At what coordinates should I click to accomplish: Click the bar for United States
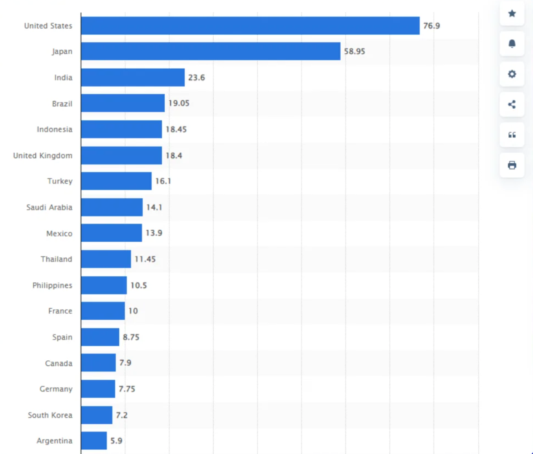coord(250,26)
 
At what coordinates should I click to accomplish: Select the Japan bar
coord(211,51)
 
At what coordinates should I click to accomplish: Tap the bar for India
coord(133,78)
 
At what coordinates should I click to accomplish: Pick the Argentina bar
coord(94,441)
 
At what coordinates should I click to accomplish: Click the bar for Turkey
coord(116,181)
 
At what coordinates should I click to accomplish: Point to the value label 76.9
coord(432,26)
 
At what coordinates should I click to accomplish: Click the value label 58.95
coord(354,51)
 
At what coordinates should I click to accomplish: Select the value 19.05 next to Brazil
coord(179,103)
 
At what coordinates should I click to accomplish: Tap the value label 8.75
coord(131,337)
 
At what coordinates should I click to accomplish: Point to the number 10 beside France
coord(133,311)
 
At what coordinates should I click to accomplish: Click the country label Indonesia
coord(54,129)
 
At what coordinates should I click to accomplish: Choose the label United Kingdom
coord(43,156)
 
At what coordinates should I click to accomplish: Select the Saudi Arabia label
coord(49,207)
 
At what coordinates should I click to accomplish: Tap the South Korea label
coord(50,415)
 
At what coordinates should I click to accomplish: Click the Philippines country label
coord(52,285)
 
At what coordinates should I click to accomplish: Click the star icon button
coord(512,14)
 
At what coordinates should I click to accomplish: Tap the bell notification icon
coord(512,44)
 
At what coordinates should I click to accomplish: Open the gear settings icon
coord(512,74)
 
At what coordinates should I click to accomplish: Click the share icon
coord(512,104)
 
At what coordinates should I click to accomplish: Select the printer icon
coord(512,165)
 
